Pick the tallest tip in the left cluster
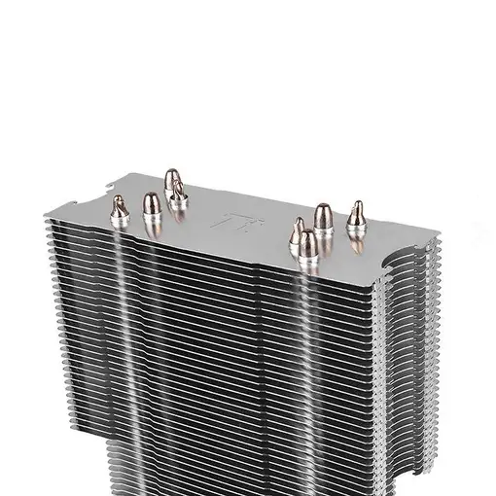coord(171,180)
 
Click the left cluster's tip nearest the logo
coord(178,199)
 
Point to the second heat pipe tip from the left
coord(151,203)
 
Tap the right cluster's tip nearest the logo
coord(297,230)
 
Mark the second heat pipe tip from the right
coord(323,216)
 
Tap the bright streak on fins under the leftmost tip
coord(122,292)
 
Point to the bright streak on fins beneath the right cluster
coord(311,321)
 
